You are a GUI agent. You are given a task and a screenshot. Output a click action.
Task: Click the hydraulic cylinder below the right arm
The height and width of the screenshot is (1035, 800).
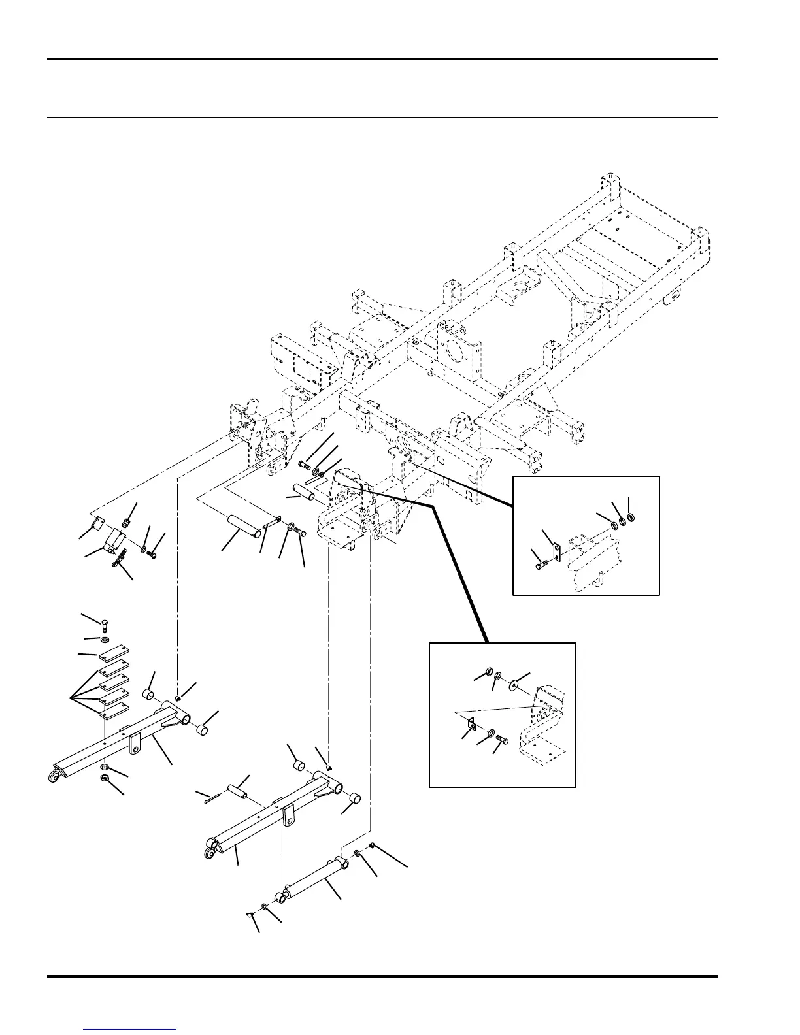click(x=314, y=880)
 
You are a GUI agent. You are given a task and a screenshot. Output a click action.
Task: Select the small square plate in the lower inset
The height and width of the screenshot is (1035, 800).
click(x=471, y=722)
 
